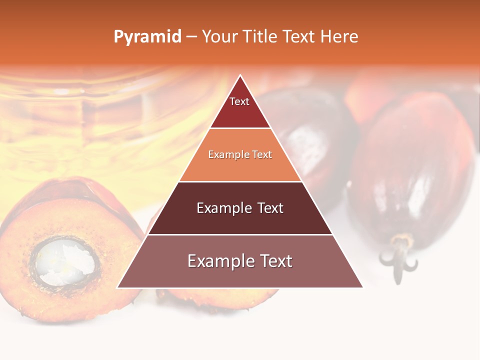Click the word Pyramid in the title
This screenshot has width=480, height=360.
pyautogui.click(x=147, y=37)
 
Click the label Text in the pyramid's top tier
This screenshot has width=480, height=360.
pyautogui.click(x=239, y=101)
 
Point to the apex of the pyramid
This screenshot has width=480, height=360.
pyautogui.click(x=240, y=76)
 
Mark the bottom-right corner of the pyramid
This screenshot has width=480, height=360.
pyautogui.click(x=362, y=287)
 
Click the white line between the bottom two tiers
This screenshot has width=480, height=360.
pyautogui.click(x=240, y=234)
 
